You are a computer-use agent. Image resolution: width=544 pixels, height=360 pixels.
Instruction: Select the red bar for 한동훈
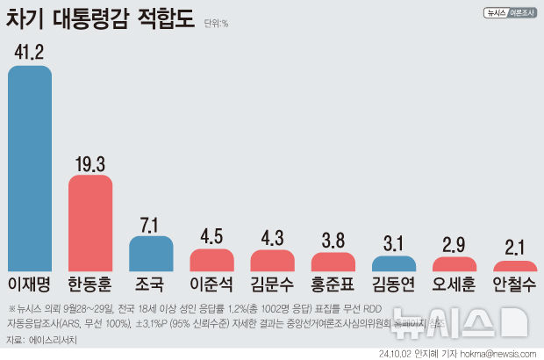(90, 223)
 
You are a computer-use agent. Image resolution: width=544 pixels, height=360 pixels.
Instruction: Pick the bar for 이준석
(211, 261)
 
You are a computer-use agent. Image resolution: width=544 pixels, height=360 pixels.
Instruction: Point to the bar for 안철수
(515, 266)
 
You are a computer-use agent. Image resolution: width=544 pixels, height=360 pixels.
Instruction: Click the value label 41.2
(30, 52)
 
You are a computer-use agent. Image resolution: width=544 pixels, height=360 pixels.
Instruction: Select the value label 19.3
(90, 162)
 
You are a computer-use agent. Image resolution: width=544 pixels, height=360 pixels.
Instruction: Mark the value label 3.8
(333, 240)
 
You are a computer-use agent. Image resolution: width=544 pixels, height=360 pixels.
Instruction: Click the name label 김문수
(272, 285)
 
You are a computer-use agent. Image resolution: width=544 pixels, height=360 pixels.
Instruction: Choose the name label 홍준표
(333, 285)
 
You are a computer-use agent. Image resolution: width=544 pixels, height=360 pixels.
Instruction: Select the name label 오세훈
(455, 285)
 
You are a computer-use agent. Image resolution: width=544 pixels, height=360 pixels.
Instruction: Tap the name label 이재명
(30, 285)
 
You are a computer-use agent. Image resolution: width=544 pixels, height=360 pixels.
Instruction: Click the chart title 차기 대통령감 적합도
(101, 20)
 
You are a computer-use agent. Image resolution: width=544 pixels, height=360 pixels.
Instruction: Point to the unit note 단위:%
(215, 24)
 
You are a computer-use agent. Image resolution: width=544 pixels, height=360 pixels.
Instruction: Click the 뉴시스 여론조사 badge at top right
(510, 13)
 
